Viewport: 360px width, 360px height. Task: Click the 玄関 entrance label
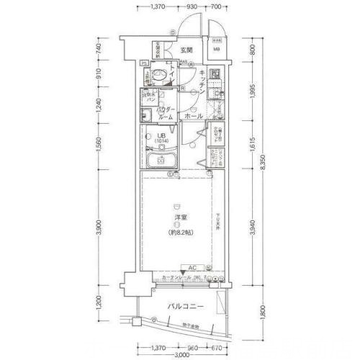point(186,50)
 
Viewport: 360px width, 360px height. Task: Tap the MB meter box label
point(216,50)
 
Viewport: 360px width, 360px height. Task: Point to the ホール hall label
point(192,115)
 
